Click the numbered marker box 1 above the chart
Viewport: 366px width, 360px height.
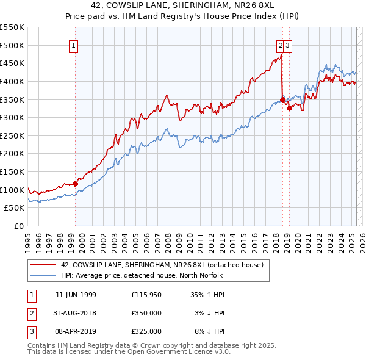(x=73, y=45)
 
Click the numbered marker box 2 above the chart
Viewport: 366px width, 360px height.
(x=281, y=45)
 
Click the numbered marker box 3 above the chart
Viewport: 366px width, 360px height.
(x=287, y=45)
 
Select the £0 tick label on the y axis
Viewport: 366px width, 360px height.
(x=19, y=226)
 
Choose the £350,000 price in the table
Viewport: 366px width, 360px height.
(x=146, y=313)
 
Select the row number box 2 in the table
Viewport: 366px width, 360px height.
(x=32, y=313)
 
